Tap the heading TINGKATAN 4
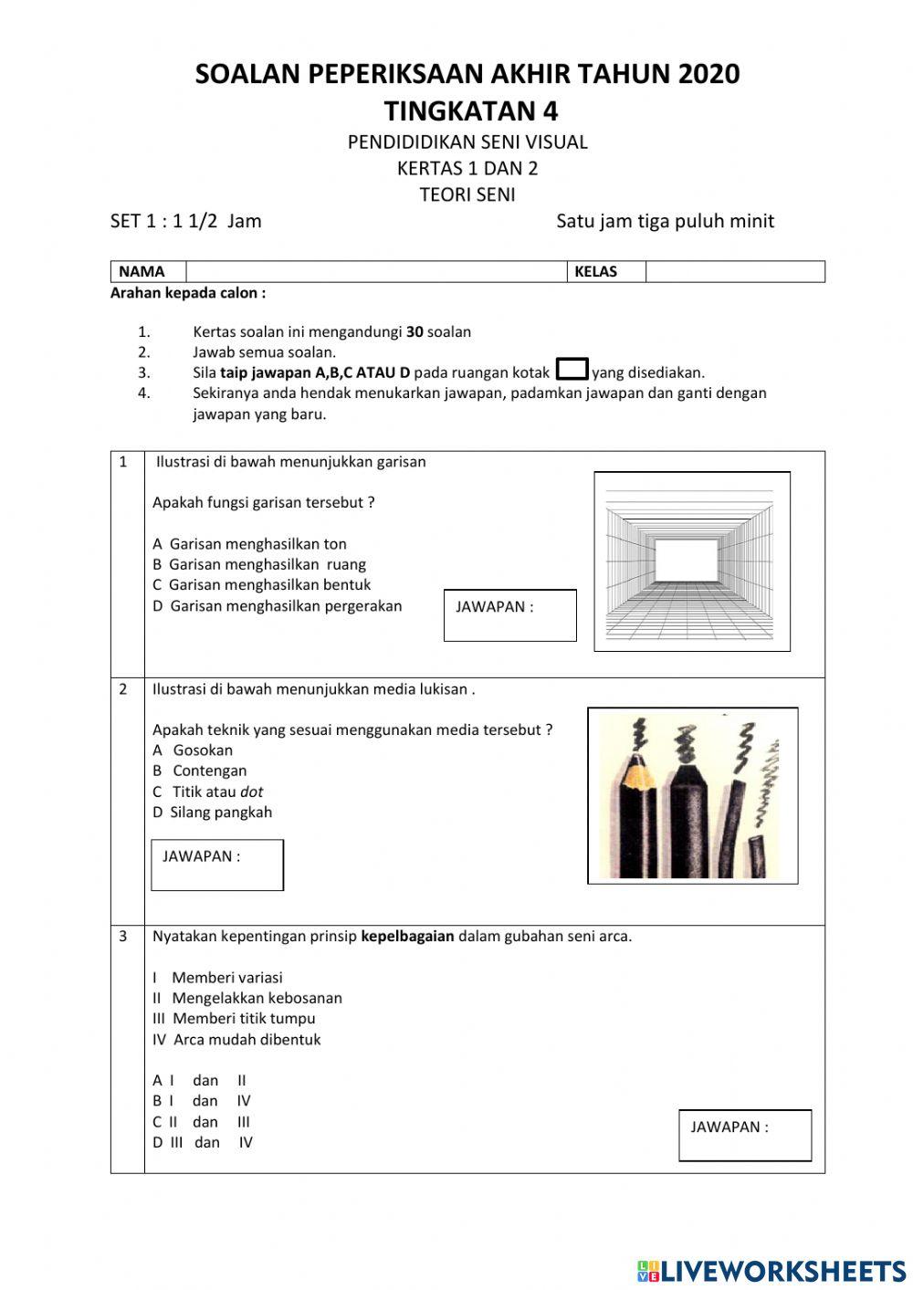tap(470, 111)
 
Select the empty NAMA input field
tap(376, 271)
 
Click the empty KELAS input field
tap(734, 271)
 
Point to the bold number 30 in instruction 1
tap(415, 332)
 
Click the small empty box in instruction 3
tap(572, 370)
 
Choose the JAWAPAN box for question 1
tap(509, 615)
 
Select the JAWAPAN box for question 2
tap(217, 865)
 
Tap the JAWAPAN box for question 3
tap(745, 1136)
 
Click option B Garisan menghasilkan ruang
tap(259, 564)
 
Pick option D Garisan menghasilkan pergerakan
tap(277, 606)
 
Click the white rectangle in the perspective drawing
tap(687, 560)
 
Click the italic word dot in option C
tap(251, 792)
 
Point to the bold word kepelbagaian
tap(407, 936)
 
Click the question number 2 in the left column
tap(123, 689)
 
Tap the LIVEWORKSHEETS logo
tap(771, 1270)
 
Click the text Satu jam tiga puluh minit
tap(665, 221)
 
